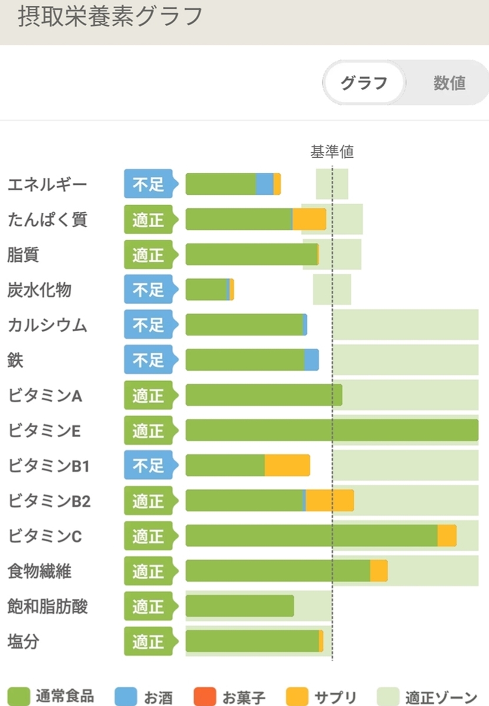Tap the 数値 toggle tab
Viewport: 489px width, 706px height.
pyautogui.click(x=449, y=83)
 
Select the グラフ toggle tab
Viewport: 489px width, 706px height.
pyautogui.click(x=364, y=83)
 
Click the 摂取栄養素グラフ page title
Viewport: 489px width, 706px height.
pyautogui.click(x=109, y=17)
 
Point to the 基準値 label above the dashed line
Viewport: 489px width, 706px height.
pyautogui.click(x=332, y=152)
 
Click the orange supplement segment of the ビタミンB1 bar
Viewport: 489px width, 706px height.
pyautogui.click(x=287, y=465)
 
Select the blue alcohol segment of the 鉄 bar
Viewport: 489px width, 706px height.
pyautogui.click(x=311, y=360)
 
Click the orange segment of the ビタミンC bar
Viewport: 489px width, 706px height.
pyautogui.click(x=447, y=536)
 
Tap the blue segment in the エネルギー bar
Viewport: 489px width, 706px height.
pyautogui.click(x=264, y=184)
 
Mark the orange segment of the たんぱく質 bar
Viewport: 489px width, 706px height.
pyautogui.click(x=310, y=219)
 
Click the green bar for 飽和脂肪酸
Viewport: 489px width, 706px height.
pyautogui.click(x=239, y=606)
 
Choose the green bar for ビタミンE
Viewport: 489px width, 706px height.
pyautogui.click(x=332, y=431)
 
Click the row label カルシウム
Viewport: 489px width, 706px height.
pyautogui.click(x=47, y=325)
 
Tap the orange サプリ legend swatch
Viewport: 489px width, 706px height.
pyautogui.click(x=297, y=697)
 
